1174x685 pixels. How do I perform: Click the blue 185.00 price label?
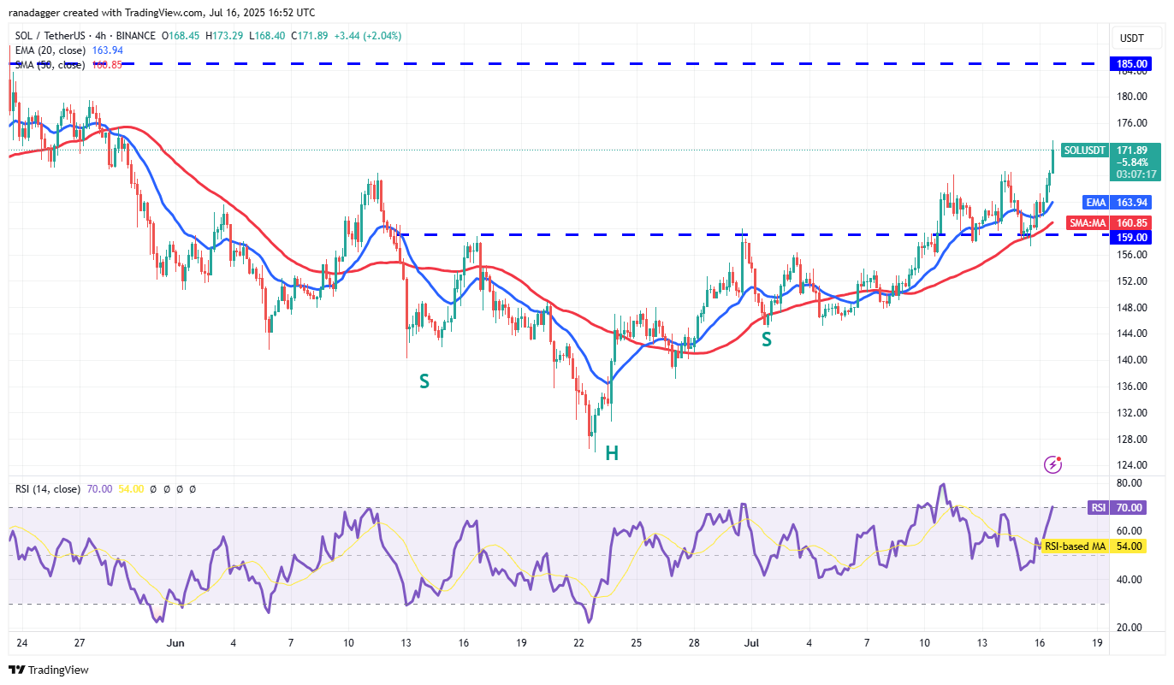point(1131,63)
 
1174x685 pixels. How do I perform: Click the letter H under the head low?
point(612,453)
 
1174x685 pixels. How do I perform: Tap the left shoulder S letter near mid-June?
point(424,381)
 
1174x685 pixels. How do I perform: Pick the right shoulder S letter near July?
point(767,340)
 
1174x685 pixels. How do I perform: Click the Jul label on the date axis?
point(750,642)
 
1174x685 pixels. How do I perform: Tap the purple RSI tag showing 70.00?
point(1097,507)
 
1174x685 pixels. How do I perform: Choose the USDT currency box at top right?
point(1131,38)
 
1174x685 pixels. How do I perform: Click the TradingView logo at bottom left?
point(49,670)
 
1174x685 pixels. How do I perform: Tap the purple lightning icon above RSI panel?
point(1053,464)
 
